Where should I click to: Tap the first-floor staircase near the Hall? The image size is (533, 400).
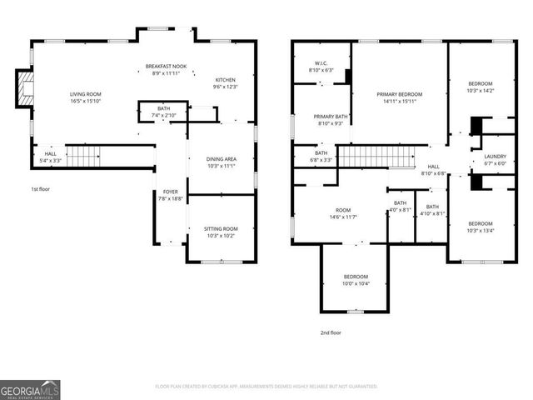82,154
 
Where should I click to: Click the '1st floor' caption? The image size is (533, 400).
41,189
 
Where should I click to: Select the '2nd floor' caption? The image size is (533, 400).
331,332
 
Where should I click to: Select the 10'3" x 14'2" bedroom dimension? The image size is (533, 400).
480,91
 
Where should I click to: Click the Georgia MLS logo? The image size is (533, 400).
30,390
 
